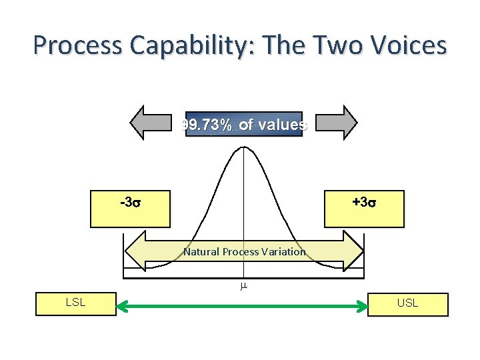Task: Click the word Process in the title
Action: pyautogui.click(x=79, y=45)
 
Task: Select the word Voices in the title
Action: pyautogui.click(x=404, y=45)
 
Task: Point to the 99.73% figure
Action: pyautogui.click(x=207, y=125)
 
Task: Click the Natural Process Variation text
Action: pyautogui.click(x=244, y=251)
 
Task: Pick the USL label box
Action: pyautogui.click(x=407, y=303)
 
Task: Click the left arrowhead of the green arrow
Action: pyautogui.click(x=122, y=307)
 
